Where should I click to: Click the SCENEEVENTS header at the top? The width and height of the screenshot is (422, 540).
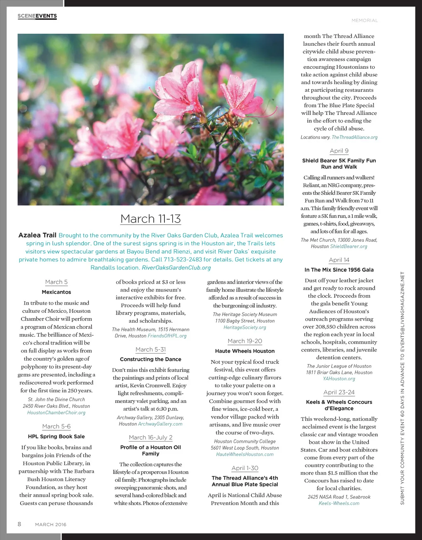tap(37, 16)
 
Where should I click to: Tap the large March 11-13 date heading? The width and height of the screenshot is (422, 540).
tap(150, 219)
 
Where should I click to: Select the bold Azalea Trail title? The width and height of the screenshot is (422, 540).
tap(37, 235)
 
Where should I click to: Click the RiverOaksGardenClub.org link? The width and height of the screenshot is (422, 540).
tap(176, 268)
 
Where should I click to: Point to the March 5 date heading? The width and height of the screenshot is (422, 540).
tap(56, 282)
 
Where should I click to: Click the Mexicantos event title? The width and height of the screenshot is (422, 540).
tap(56, 292)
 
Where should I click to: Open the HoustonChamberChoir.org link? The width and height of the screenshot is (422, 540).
tap(56, 412)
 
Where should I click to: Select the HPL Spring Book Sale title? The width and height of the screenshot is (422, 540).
tap(56, 437)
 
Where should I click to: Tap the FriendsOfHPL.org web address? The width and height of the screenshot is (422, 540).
tap(167, 336)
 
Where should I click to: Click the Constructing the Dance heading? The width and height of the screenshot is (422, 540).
tap(150, 359)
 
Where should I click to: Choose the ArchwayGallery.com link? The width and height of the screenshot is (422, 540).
tap(160, 424)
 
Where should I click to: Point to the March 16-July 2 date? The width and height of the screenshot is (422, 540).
tap(150, 438)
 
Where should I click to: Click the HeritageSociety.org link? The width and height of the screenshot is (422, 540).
tap(245, 328)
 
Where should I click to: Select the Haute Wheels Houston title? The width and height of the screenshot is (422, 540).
tap(245, 351)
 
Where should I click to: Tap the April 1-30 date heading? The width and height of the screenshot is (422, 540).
tap(245, 468)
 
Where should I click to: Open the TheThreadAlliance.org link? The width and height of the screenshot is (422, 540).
tap(354, 137)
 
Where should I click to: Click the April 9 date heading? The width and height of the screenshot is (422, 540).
tap(339, 151)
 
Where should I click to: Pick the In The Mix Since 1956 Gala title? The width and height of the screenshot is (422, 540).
tap(339, 270)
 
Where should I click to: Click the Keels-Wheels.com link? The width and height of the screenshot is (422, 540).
tap(339, 503)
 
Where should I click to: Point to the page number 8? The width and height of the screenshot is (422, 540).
tap(19, 524)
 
